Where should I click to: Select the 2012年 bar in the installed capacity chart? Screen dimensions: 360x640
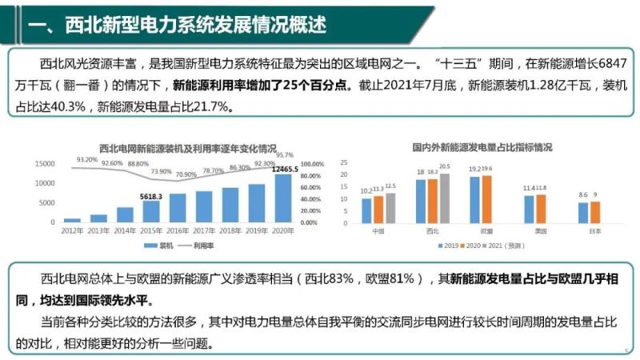point(73,219)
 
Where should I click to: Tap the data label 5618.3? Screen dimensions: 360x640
point(151,196)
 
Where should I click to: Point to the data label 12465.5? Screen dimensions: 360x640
point(284,169)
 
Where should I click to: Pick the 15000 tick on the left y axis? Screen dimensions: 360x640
point(45,163)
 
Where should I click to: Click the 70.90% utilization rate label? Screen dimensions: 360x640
point(186,174)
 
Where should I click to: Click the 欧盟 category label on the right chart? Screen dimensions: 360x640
point(475,230)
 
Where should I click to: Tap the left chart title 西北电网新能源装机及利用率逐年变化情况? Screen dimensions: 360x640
point(187,149)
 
